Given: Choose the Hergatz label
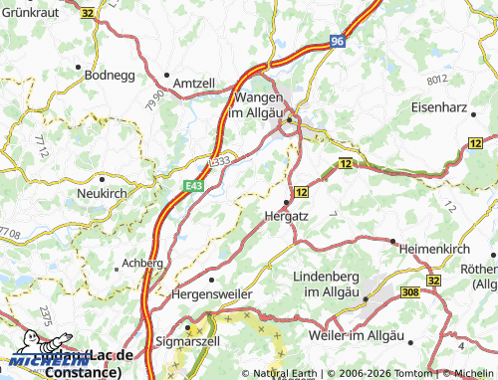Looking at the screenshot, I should pyautogui.click(x=288, y=214).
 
